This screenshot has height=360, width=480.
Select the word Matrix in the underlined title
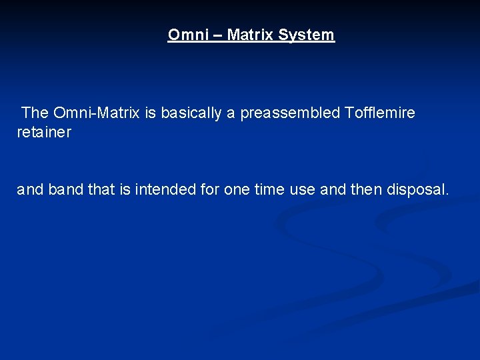coord(251,35)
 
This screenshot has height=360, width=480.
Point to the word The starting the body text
coord(35,113)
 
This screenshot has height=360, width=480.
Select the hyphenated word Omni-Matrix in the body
coord(96,113)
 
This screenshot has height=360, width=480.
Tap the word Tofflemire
coord(380,113)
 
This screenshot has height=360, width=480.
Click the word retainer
coord(43,133)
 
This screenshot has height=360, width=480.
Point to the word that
coord(101,190)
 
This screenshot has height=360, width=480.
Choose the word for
coord(209,190)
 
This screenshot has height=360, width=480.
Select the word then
coord(367,190)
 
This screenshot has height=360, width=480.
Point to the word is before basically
coord(150,113)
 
